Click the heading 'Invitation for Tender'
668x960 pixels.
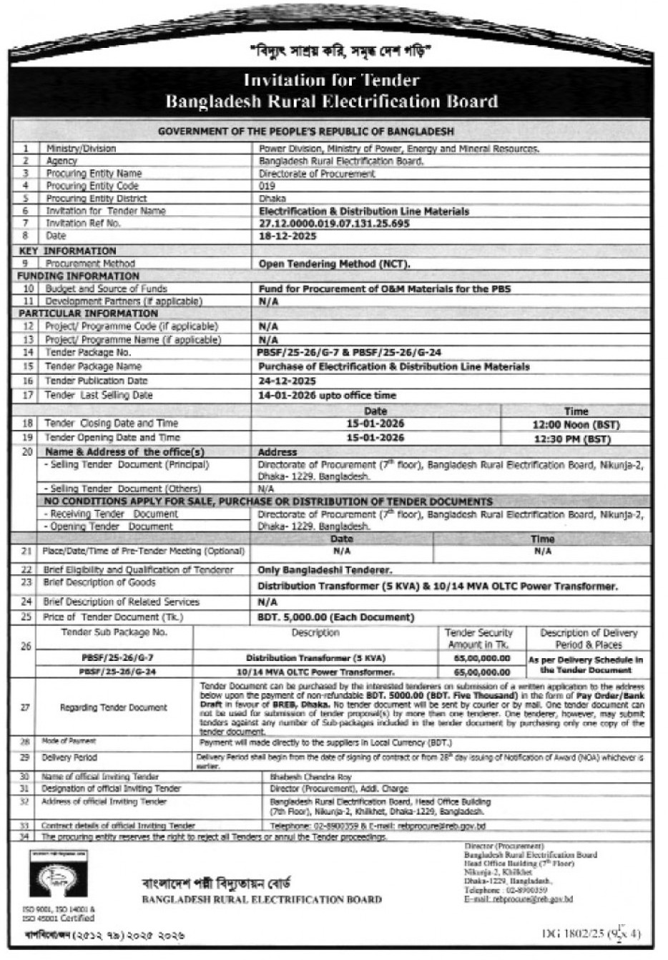point(331,80)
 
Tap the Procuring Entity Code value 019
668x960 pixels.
point(266,186)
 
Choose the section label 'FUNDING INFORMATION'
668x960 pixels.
point(79,276)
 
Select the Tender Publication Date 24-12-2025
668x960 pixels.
point(287,381)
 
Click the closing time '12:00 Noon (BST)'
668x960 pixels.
point(576,424)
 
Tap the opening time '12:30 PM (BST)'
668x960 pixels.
point(576,438)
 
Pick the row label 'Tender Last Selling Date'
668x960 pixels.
point(99,396)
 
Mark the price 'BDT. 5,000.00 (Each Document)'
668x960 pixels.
point(335,617)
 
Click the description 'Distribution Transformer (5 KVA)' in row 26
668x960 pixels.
point(315,658)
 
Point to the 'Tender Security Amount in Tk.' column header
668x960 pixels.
point(478,638)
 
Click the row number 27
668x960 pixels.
point(26,707)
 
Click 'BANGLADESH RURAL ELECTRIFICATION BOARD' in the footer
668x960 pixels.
point(262,899)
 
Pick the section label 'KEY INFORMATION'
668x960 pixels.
point(67,251)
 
